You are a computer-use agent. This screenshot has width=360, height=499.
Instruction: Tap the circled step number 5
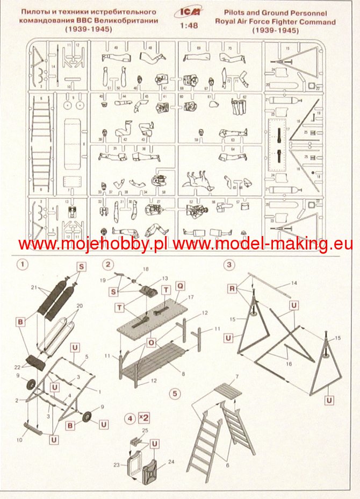[174, 393]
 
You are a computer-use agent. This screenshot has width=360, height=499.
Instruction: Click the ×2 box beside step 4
[143, 417]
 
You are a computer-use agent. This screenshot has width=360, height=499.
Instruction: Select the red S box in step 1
[82, 267]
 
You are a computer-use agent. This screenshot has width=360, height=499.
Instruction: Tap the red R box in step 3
[232, 289]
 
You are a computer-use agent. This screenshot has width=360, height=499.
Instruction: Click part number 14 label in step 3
[294, 283]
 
